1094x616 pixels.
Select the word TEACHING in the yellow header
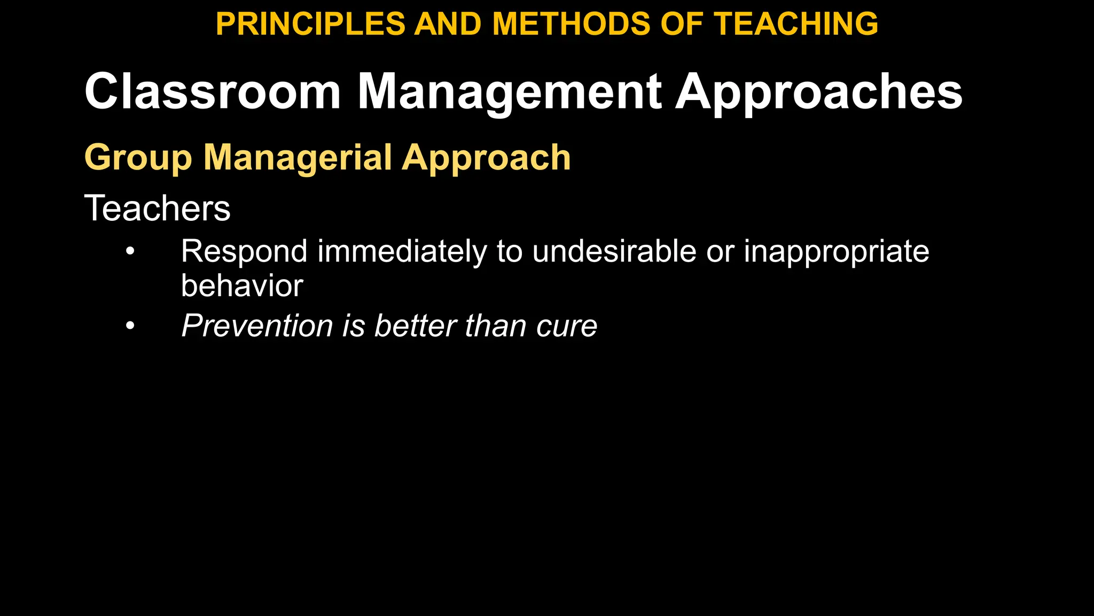pos(796,24)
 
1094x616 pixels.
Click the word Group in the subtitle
pos(138,158)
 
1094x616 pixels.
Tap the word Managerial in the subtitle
pos(298,158)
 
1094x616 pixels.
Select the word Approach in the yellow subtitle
pos(486,158)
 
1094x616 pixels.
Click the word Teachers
pos(157,208)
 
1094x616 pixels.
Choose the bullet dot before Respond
pos(130,251)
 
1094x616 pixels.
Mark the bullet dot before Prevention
pos(130,326)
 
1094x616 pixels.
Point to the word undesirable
pos(614,251)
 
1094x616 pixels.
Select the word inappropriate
pos(837,251)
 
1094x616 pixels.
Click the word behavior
pos(242,286)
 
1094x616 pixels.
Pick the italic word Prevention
pos(257,326)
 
